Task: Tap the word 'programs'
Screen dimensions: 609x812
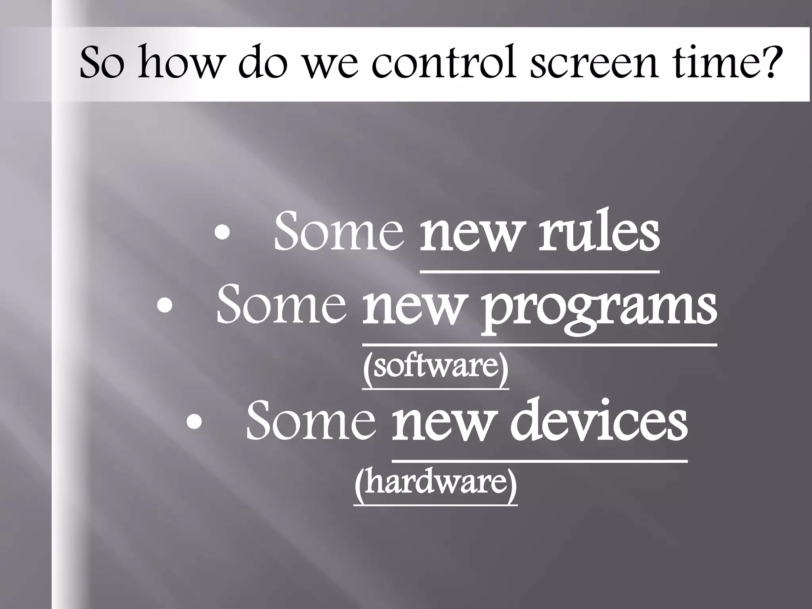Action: pos(599,307)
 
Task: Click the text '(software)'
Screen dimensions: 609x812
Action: pos(435,367)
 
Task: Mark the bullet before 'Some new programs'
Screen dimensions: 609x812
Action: pos(165,307)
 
